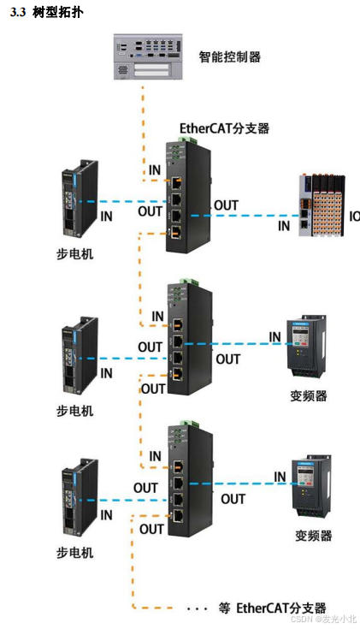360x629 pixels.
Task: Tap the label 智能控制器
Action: pyautogui.click(x=229, y=57)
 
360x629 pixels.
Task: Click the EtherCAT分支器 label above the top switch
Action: pyautogui.click(x=224, y=128)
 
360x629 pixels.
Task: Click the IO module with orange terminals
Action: pyautogui.click(x=324, y=205)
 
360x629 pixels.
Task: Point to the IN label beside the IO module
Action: pyautogui.click(x=284, y=226)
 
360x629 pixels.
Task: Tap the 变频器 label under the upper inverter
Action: pyautogui.click(x=309, y=396)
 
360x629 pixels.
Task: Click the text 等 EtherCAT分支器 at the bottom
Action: pyautogui.click(x=272, y=608)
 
